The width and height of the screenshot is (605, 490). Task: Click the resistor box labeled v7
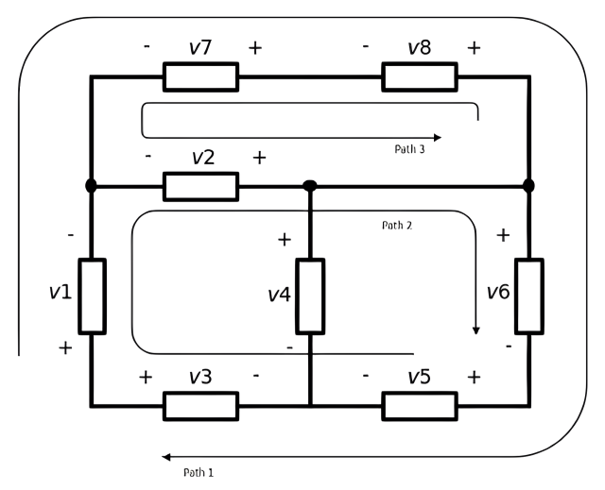(200, 77)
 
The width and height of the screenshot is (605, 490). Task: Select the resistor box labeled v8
(420, 77)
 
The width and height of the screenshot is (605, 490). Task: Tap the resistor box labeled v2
(200, 187)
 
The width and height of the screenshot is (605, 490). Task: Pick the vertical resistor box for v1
(93, 296)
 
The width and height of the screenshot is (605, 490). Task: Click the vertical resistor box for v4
(310, 296)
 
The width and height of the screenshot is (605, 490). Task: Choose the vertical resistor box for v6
(529, 296)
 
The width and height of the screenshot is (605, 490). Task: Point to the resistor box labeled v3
(200, 406)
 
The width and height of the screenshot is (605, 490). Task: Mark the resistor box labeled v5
(420, 406)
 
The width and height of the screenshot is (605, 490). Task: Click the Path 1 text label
(199, 472)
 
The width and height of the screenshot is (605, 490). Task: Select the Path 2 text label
(397, 225)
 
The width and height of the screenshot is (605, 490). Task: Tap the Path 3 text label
(409, 149)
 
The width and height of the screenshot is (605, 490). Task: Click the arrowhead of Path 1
(166, 457)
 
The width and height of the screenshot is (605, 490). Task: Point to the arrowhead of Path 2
(476, 330)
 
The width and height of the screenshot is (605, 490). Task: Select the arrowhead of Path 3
(437, 138)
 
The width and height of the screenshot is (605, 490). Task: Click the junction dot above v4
(310, 186)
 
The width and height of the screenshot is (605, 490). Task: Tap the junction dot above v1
(91, 186)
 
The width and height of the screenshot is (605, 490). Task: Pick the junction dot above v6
(528, 186)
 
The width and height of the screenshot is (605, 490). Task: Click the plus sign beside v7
(255, 48)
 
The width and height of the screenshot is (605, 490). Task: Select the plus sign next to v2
(259, 158)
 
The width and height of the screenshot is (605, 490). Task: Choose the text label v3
(200, 377)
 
